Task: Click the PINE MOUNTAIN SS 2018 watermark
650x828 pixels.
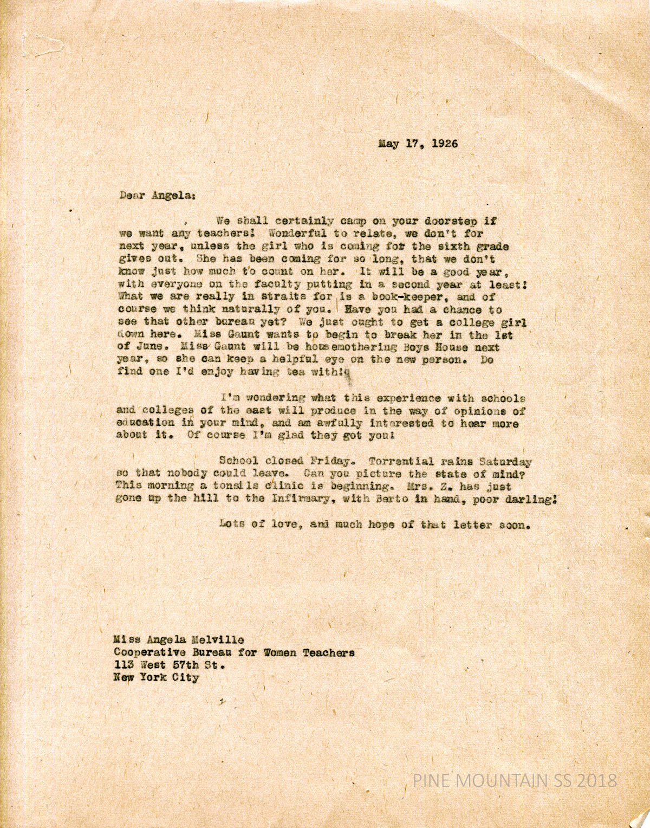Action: pyautogui.click(x=515, y=781)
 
